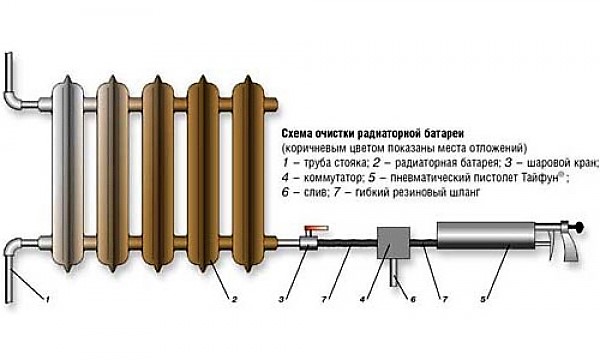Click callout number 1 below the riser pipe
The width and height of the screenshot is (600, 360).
pos(47,300)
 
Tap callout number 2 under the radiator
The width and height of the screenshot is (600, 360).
pos(235,300)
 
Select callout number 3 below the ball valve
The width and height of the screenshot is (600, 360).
pos(282,300)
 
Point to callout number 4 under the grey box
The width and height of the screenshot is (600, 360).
pos(363,300)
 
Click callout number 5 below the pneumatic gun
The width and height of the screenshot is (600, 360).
pos(483,300)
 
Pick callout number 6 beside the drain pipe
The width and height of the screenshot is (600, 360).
pos(413,300)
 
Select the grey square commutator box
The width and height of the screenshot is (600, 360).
pos(394,242)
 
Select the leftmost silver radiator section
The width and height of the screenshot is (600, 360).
pos(68,173)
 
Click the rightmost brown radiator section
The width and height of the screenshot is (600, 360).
pos(248,173)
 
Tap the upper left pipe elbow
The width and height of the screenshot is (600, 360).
pos(14,99)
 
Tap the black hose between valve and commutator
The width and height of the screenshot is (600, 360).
pos(347,243)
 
